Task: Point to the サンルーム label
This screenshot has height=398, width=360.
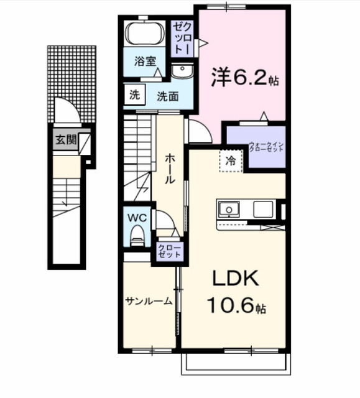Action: (149, 301)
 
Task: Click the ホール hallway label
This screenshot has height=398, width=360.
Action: (169, 168)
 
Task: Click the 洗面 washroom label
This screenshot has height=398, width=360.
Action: (167, 96)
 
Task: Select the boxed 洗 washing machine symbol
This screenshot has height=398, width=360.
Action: (134, 95)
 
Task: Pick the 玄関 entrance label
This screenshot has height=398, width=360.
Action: (65, 140)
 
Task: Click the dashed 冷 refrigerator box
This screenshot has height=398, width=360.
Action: (230, 161)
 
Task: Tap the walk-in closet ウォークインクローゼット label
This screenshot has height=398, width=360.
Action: (266, 149)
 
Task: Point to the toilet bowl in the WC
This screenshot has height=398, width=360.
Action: (137, 236)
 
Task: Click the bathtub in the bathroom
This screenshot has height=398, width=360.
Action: (144, 33)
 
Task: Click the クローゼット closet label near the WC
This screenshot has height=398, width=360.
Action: (169, 251)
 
